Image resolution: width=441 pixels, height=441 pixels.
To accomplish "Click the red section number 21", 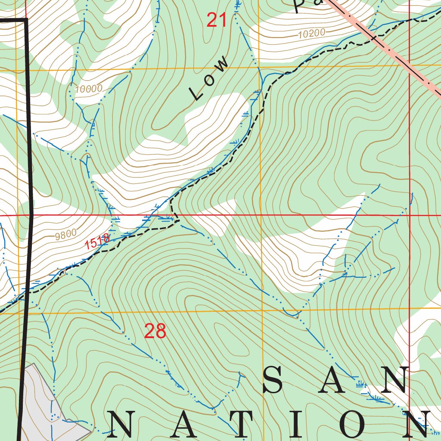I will pyautogui.click(x=216, y=20).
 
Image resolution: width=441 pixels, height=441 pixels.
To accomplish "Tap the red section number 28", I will pyautogui.click(x=155, y=331).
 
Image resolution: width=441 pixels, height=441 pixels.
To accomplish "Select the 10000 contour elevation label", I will pyautogui.click(x=88, y=89).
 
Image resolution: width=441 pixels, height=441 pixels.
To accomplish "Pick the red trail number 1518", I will pyautogui.click(x=97, y=242).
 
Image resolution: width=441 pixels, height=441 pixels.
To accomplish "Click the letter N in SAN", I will pyautogui.click(x=393, y=380).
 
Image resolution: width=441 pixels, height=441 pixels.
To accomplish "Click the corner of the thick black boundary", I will pyautogui.click(x=27, y=19).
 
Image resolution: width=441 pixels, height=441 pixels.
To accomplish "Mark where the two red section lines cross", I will pyautogui.click(x=409, y=214).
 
